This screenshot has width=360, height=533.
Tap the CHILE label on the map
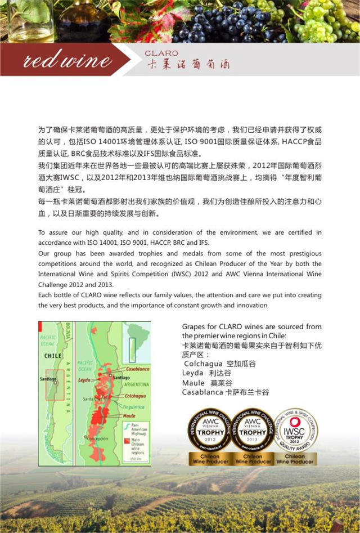(x=53, y=356)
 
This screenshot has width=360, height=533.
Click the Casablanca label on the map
(x=138, y=369)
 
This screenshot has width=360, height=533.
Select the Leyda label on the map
(x=84, y=380)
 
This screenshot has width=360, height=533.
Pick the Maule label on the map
(x=129, y=415)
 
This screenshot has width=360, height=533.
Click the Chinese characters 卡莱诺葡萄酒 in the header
(x=188, y=64)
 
